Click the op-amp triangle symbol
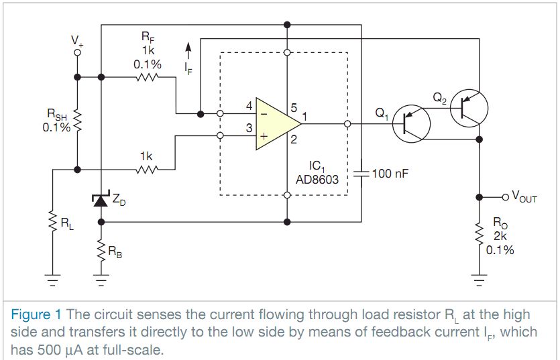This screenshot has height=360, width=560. (276, 124)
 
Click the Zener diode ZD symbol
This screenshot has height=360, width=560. (101, 198)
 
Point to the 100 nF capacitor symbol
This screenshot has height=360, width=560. (361, 173)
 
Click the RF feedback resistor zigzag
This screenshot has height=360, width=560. (147, 77)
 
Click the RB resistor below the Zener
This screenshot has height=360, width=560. (101, 250)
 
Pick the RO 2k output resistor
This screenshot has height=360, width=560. (479, 234)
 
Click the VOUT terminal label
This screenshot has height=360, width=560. (524, 197)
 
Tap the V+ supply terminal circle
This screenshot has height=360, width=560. (78, 51)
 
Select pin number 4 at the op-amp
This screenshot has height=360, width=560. (249, 107)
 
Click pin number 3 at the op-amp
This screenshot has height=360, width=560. (249, 127)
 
